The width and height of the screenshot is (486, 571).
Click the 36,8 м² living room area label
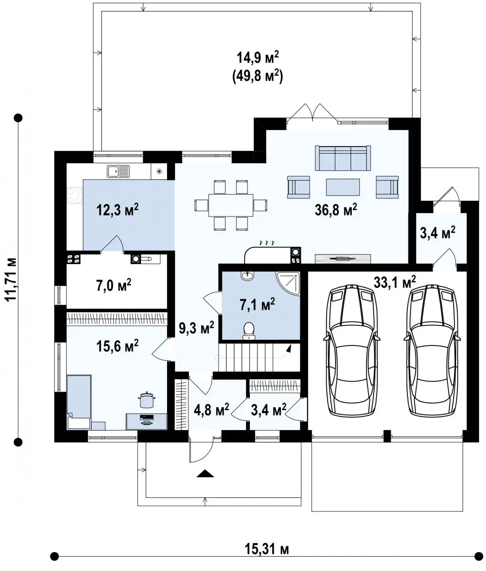[x=336, y=210]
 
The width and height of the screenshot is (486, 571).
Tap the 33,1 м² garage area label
[x=395, y=282]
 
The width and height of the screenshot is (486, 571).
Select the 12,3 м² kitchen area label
[x=118, y=210]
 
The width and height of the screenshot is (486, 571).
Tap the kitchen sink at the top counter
[x=118, y=172]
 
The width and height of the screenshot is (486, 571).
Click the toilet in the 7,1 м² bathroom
[x=249, y=331]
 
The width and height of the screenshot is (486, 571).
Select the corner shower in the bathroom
[x=288, y=284]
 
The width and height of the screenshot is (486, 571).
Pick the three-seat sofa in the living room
[x=343, y=158]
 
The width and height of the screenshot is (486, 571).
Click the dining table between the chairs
[x=231, y=205]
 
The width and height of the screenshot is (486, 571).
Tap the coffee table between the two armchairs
[x=343, y=187]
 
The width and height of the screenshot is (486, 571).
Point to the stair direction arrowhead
[x=289, y=349]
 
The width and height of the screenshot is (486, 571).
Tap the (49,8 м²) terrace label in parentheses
[x=258, y=77]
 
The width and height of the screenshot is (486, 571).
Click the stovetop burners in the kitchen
[x=75, y=195]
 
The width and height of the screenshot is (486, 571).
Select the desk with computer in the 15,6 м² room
[x=147, y=422]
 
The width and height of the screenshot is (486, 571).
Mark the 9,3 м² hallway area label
[x=197, y=327]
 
